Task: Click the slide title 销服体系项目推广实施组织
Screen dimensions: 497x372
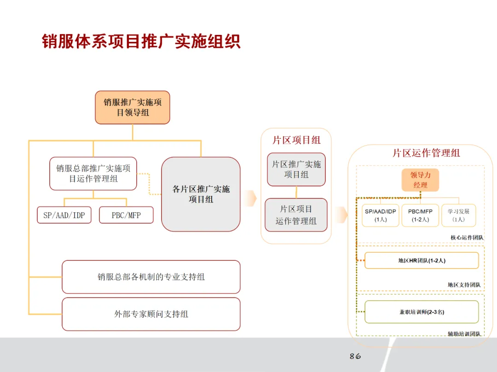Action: pyautogui.click(x=141, y=41)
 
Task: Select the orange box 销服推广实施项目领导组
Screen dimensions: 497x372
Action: pyautogui.click(x=133, y=107)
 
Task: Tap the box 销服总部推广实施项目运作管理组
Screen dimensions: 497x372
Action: pyautogui.click(x=93, y=174)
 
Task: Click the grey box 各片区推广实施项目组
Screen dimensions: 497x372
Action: pyautogui.click(x=201, y=194)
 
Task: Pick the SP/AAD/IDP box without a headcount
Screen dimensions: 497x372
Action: pyautogui.click(x=64, y=215)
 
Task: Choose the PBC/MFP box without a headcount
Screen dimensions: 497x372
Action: pyautogui.click(x=126, y=215)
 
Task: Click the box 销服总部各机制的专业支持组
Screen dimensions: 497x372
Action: pyautogui.click(x=151, y=277)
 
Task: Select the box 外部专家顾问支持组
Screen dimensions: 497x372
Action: pyautogui.click(x=151, y=314)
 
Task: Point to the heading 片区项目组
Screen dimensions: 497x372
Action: pyautogui.click(x=296, y=140)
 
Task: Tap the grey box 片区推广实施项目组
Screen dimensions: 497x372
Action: pyautogui.click(x=296, y=169)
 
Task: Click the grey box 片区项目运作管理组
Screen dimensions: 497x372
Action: pyautogui.click(x=296, y=215)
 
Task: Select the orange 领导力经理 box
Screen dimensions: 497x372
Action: pyautogui.click(x=420, y=180)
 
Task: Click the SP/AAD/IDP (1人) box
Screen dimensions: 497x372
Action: pyautogui.click(x=380, y=215)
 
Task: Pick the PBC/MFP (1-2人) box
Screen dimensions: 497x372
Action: pyautogui.click(x=420, y=215)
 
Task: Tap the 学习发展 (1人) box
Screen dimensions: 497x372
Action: pyautogui.click(x=458, y=215)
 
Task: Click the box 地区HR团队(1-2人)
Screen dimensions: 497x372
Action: pyautogui.click(x=422, y=260)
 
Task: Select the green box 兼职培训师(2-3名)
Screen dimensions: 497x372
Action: pyautogui.click(x=422, y=312)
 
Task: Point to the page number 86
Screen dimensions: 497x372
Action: pyautogui.click(x=355, y=356)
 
